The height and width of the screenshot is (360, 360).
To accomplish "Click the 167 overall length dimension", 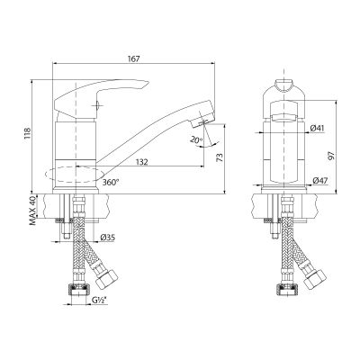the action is pos(134,58).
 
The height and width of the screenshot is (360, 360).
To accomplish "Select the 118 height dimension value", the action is pos(28,134).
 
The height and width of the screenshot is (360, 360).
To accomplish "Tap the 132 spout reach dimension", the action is pos(141,162).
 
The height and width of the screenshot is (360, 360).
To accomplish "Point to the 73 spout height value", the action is pos(220,157).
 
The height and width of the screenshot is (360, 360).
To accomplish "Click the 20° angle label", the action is pos(196,139).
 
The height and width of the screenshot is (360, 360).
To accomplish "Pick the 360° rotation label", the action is pos(111,182).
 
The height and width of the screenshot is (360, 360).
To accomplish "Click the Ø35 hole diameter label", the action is pos(107,238).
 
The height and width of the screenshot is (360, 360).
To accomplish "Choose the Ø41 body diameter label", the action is pos(317,128).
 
